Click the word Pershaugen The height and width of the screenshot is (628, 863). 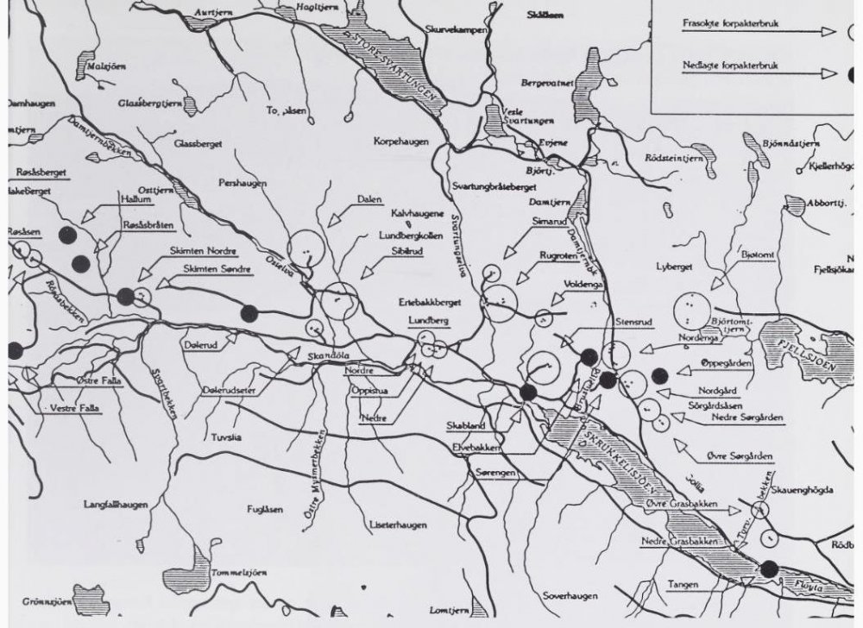243,184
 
